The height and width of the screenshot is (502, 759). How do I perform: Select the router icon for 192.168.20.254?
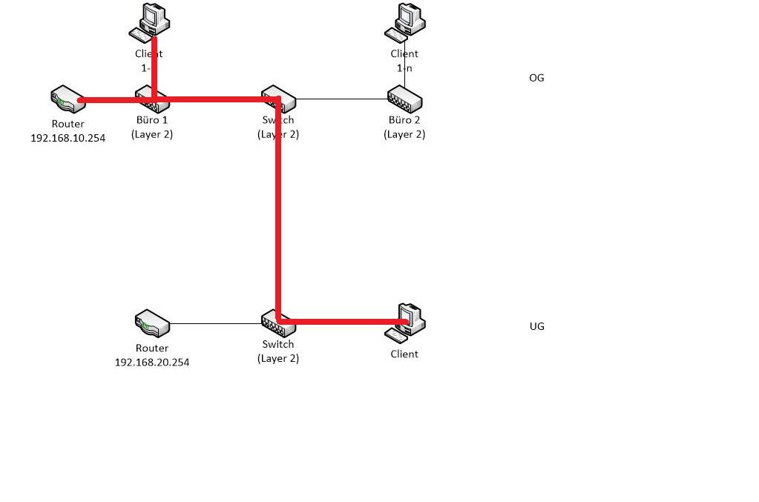pyautogui.click(x=151, y=323)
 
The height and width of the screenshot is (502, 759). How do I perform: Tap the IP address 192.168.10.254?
pyautogui.click(x=68, y=138)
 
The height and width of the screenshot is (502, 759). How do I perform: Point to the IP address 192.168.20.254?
pyautogui.click(x=152, y=362)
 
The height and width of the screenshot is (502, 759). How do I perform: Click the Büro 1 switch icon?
pyautogui.click(x=152, y=99)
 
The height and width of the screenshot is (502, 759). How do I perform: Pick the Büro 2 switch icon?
pyautogui.click(x=404, y=99)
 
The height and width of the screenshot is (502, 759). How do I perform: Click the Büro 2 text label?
pyautogui.click(x=404, y=120)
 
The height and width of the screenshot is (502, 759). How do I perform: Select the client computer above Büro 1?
pyautogui.click(x=151, y=20)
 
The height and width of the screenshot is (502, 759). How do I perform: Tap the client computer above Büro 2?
pyautogui.click(x=405, y=20)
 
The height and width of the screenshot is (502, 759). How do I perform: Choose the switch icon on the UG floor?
pyautogui.click(x=278, y=323)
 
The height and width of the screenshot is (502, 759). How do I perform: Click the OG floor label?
pyautogui.click(x=536, y=78)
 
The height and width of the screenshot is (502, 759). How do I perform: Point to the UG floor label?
pyautogui.click(x=536, y=326)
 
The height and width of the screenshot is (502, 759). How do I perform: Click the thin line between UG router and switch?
pyautogui.click(x=215, y=324)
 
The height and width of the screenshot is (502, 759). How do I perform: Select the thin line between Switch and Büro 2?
pyautogui.click(x=341, y=99)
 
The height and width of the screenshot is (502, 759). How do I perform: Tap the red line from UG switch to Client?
pyautogui.click(x=341, y=322)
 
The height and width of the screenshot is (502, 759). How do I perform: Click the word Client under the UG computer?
pyautogui.click(x=404, y=354)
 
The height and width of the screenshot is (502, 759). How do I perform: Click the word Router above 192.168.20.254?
pyautogui.click(x=152, y=348)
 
